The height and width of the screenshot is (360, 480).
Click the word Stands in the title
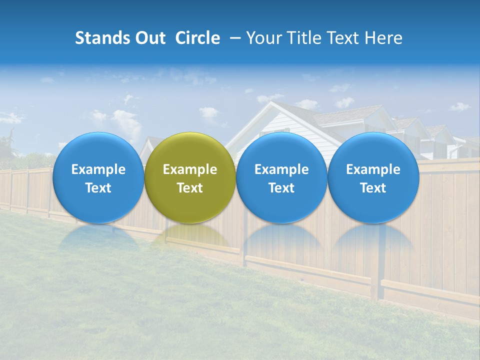102,38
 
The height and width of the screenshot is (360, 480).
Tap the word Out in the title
150,38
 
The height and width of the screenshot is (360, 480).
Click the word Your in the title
265,38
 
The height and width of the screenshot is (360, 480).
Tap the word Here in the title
384,38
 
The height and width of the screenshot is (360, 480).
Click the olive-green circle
190,177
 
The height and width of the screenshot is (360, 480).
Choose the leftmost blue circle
98,177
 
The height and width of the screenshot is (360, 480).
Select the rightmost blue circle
373,177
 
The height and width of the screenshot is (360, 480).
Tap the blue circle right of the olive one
281,177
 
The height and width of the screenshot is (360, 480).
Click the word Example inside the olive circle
190,169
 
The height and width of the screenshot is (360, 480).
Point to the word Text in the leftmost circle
98,188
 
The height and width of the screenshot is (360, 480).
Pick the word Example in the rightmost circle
373,169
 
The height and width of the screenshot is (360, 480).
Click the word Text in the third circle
281,188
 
